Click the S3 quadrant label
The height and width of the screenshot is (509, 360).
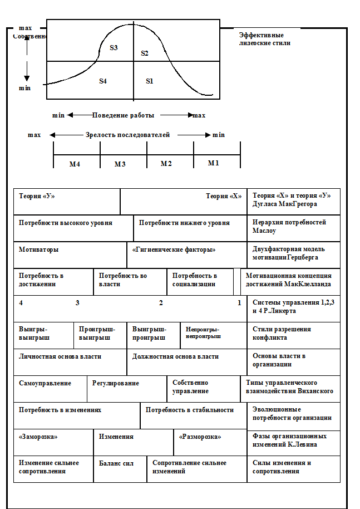coord(114,48)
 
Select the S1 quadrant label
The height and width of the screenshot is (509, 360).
coord(149,81)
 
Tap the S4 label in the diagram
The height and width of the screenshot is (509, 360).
coord(103,81)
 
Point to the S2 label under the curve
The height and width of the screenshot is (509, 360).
coord(145,53)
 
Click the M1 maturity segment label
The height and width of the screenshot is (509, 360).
coord(214,163)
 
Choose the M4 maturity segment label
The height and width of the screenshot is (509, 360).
coord(75,164)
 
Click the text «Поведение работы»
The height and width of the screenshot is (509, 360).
coord(123,115)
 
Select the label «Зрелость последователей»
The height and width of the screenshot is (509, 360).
coord(127,135)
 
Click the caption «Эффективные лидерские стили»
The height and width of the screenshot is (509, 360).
coord(264,38)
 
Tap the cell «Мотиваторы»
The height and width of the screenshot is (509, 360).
coord(39,249)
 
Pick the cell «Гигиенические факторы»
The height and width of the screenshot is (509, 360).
coord(174,249)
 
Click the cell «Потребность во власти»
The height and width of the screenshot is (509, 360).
coord(123,280)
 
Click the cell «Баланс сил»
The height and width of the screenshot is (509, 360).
coord(116,463)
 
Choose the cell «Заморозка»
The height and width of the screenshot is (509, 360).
coord(38,437)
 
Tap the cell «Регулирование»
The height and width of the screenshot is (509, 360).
coord(116,383)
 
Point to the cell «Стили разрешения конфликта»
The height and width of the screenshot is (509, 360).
coord(282,333)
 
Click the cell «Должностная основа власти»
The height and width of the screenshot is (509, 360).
coord(175,356)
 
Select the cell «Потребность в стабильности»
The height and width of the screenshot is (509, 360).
coord(189,410)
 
